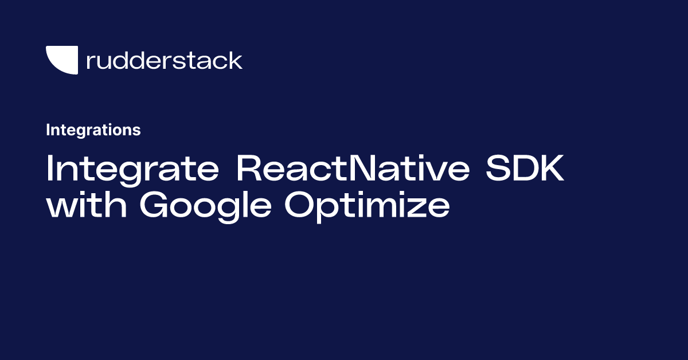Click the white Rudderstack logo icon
pos(64,59)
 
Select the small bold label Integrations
pos(93,130)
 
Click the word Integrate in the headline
pos(132,170)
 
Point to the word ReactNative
pos(353,168)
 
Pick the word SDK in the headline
pos(525,168)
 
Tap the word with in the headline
pos(87,204)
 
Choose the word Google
pos(205,206)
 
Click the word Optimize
pos(368,206)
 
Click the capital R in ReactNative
pos(249,168)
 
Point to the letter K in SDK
pos(551,168)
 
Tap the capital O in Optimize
pos(299,204)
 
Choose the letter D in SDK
pos(523,168)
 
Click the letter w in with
pos(61,208)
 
